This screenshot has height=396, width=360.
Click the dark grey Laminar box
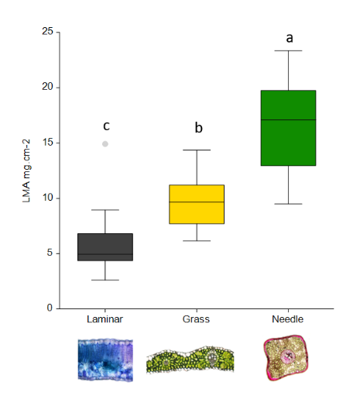point(105,247)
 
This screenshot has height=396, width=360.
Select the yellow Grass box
point(197,204)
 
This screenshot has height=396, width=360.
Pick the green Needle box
point(288,128)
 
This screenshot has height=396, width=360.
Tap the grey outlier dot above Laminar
point(105,143)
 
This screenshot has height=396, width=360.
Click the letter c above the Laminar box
point(105,126)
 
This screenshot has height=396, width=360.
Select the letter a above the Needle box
point(289,37)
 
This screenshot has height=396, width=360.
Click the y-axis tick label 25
point(48,32)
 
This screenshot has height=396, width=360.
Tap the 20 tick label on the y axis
point(48,87)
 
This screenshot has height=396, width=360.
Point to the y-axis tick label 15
point(48,143)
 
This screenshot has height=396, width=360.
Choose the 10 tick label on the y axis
point(48,198)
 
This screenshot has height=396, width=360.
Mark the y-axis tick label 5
point(50,253)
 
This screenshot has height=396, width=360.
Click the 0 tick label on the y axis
point(50,308)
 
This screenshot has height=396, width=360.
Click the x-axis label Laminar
point(105,319)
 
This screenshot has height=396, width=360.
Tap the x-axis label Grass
point(197,319)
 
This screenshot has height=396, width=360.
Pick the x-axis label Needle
point(288,319)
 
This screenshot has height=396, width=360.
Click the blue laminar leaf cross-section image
point(105,359)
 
